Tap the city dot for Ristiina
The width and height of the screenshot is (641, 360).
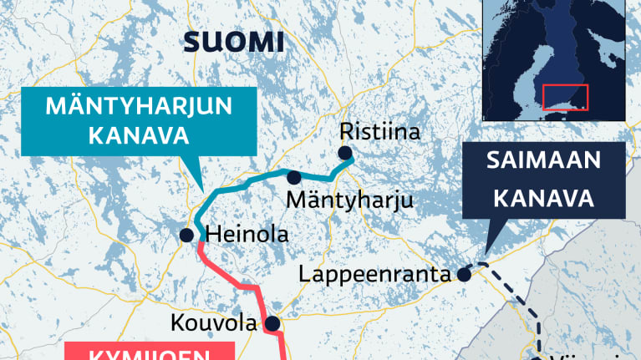click(x=344, y=152)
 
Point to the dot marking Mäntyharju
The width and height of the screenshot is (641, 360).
click(x=294, y=177)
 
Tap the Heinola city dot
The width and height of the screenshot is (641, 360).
click(x=187, y=235)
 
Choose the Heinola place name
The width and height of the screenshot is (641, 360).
click(x=247, y=235)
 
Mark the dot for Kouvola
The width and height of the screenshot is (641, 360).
click(x=272, y=324)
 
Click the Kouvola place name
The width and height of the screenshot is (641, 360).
click(x=215, y=323)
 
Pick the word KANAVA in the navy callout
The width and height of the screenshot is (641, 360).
click(x=543, y=199)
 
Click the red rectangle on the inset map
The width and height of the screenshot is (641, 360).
click(x=566, y=97)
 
